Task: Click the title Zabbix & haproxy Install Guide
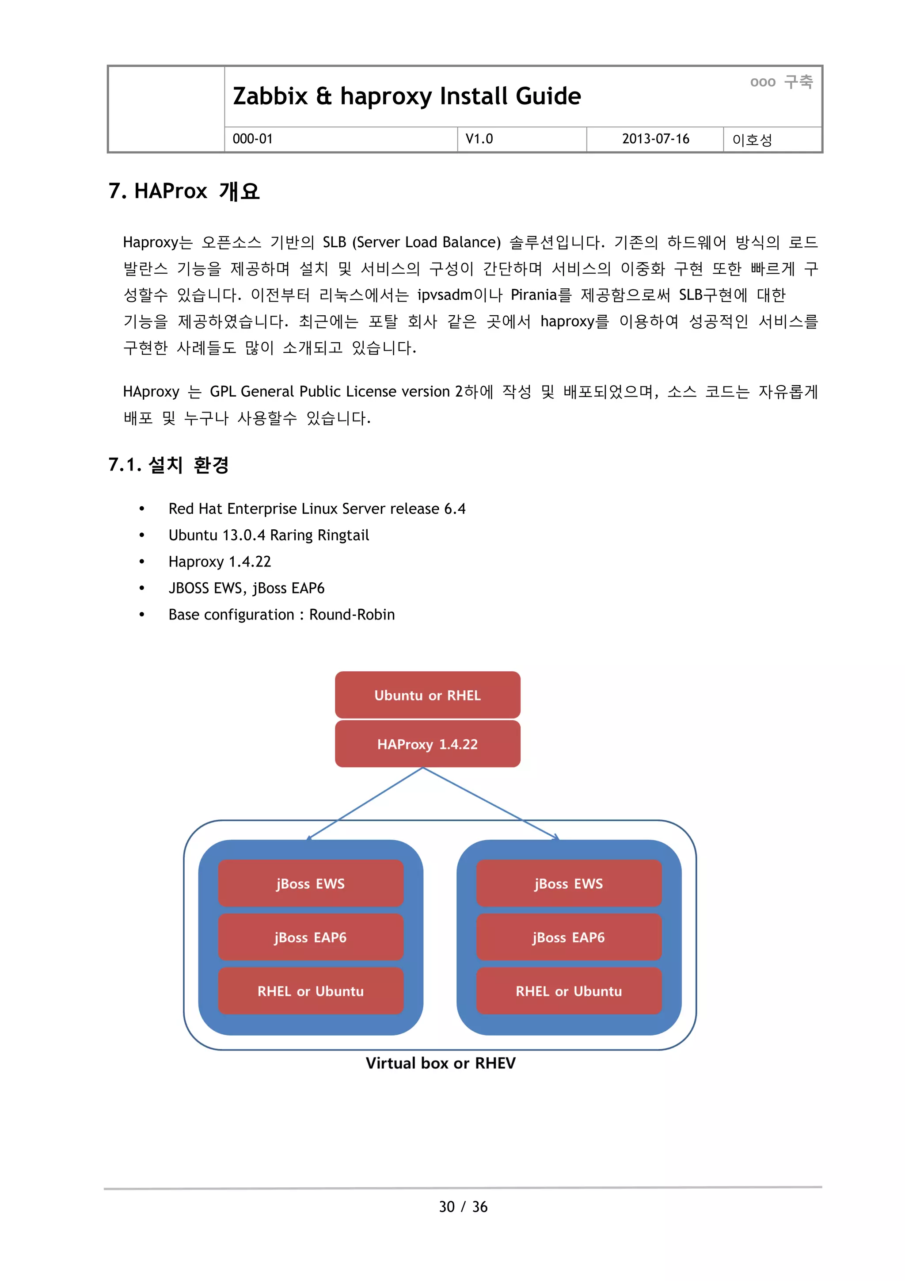click(407, 96)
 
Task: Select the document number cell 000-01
click(253, 139)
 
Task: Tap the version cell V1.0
click(479, 139)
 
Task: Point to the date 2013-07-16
click(655, 139)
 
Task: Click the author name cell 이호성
click(752, 139)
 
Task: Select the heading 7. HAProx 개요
click(184, 191)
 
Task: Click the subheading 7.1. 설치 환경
click(168, 465)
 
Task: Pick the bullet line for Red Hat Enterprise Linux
click(317, 509)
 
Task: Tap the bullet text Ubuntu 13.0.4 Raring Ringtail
click(269, 535)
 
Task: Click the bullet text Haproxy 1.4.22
click(220, 562)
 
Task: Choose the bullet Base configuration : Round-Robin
click(281, 615)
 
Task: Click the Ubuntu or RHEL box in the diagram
click(427, 695)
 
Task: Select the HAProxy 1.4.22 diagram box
click(427, 744)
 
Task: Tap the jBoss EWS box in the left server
click(311, 884)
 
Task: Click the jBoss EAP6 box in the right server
click(568, 937)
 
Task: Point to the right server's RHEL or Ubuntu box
click(568, 991)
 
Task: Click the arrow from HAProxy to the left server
click(366, 803)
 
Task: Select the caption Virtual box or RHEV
click(441, 1063)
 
